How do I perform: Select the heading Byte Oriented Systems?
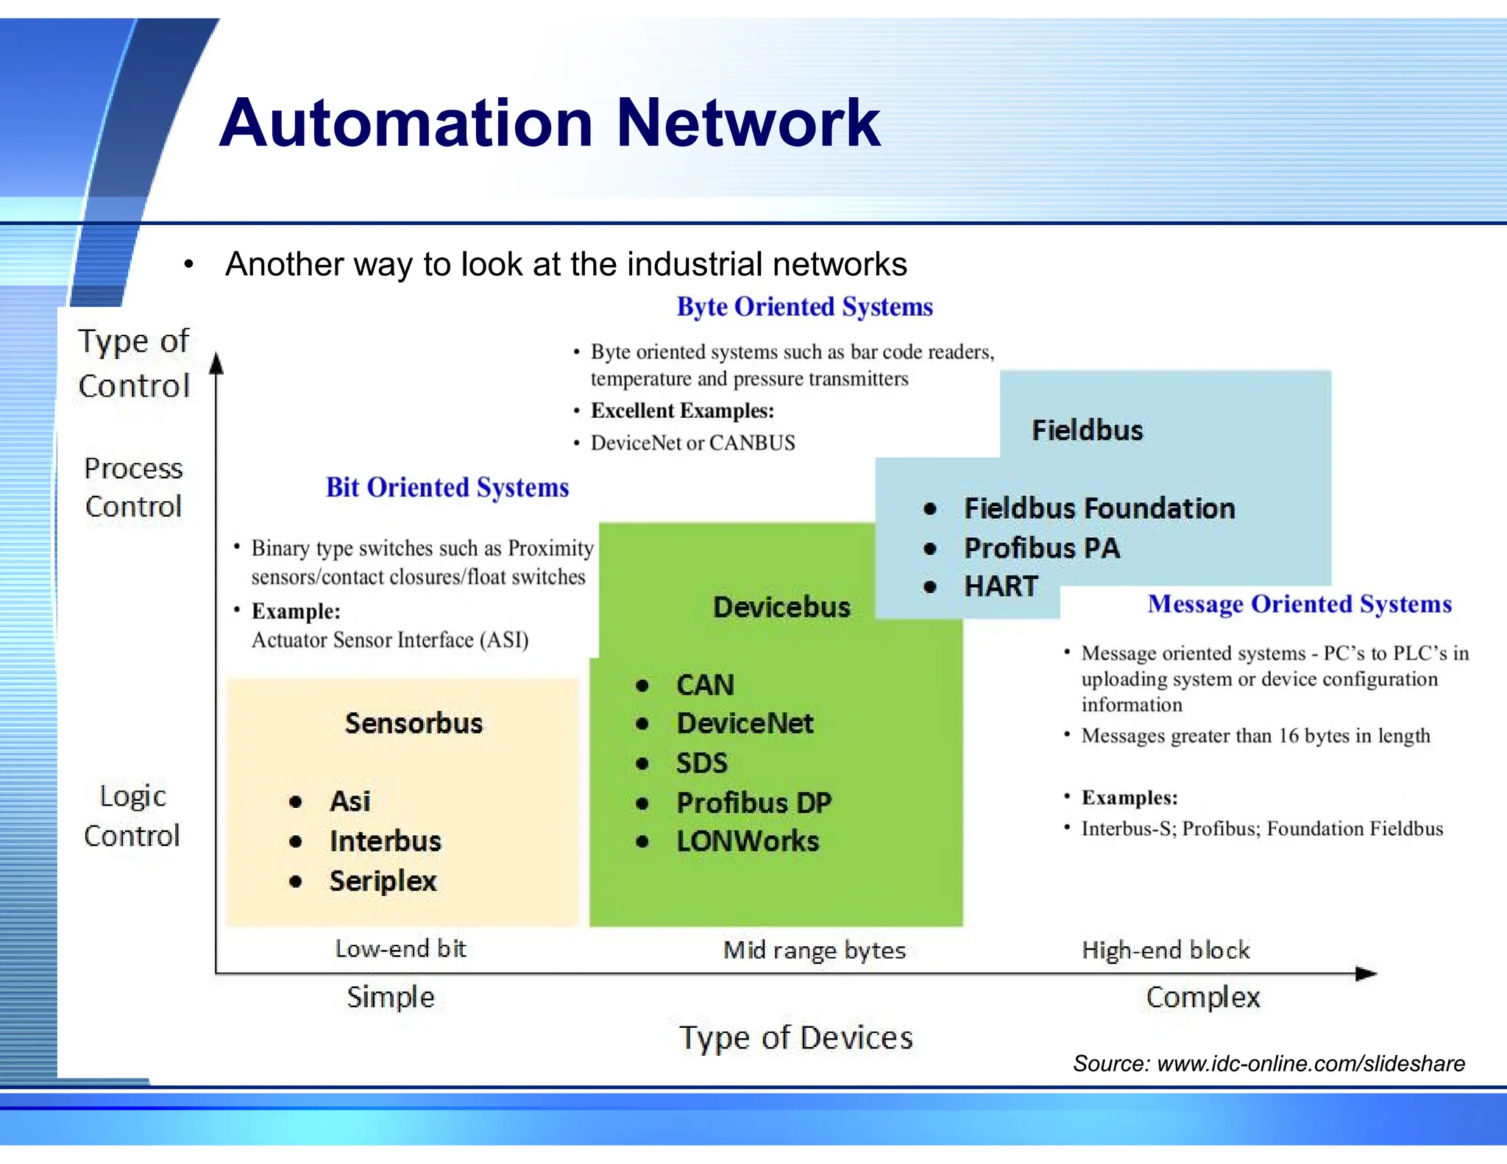tap(804, 307)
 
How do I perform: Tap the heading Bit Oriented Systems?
tap(447, 487)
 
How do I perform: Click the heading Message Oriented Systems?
tap(1299, 604)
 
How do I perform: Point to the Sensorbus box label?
tap(414, 723)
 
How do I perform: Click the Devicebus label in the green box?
tap(781, 607)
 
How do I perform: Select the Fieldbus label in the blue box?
tap(1087, 430)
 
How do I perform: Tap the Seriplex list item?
tap(383, 881)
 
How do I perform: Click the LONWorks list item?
tap(747, 841)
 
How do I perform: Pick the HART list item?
tap(1001, 586)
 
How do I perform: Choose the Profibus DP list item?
tap(753, 802)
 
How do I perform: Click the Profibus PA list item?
tap(1041, 547)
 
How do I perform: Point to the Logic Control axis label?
tap(132, 816)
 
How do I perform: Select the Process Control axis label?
tap(133, 487)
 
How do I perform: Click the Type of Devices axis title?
tap(795, 1037)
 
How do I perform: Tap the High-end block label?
tap(1166, 950)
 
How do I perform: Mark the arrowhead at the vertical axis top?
tap(216, 363)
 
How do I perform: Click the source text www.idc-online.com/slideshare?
tap(1311, 1063)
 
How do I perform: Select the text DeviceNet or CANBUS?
tap(692, 443)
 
